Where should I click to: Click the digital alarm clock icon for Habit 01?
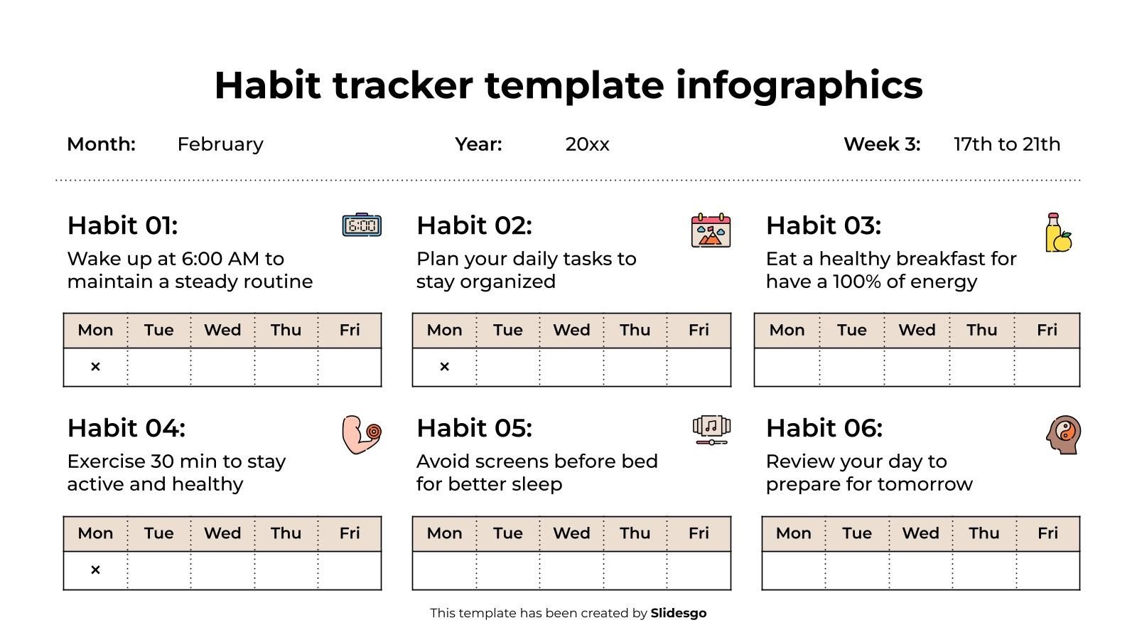click(x=362, y=225)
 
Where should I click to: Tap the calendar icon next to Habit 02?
click(x=711, y=230)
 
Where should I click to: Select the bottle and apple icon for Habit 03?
click(x=1058, y=233)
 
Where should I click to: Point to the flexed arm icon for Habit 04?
click(x=361, y=434)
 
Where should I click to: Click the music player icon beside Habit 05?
click(x=711, y=430)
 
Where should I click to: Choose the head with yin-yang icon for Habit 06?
click(x=1063, y=434)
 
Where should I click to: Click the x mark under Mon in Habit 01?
click(x=95, y=367)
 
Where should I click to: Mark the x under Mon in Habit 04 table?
click(x=95, y=570)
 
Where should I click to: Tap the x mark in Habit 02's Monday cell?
click(x=444, y=367)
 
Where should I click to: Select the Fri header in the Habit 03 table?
click(x=1047, y=330)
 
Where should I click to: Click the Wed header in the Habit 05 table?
click(x=571, y=533)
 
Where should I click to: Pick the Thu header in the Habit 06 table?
click(x=984, y=533)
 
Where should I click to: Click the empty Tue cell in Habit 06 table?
click(x=857, y=570)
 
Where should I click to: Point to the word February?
click(x=220, y=144)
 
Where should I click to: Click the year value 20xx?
click(x=587, y=144)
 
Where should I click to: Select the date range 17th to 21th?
click(x=1006, y=144)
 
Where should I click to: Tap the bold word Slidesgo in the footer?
click(x=678, y=613)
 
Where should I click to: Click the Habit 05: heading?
click(x=474, y=428)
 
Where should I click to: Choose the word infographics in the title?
click(x=799, y=85)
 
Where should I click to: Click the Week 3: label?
click(x=881, y=144)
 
